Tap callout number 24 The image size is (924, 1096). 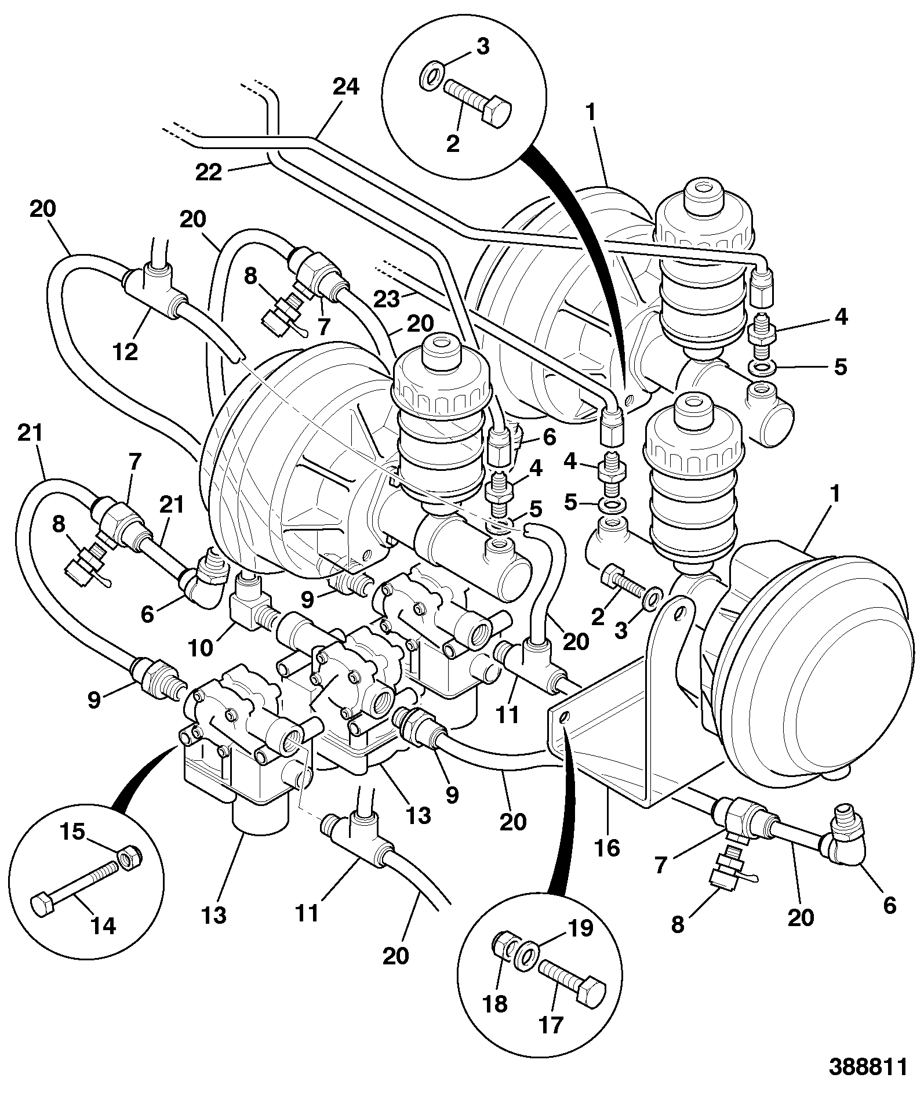pos(345,87)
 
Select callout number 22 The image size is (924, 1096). pos(209,172)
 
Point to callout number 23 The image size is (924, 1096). pos(387,299)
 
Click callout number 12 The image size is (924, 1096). pos(126,351)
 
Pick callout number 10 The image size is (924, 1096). pos(201,647)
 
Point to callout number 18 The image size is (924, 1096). pos(494,1004)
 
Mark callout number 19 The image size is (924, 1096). pos(580,928)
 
